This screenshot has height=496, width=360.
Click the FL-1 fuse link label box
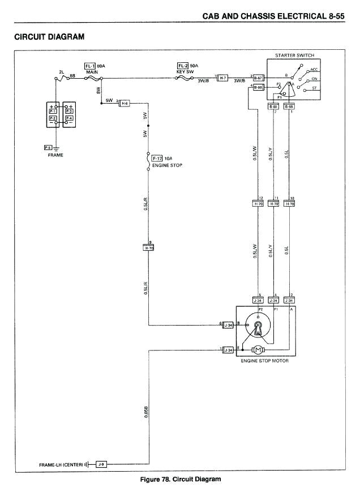(x=90, y=66)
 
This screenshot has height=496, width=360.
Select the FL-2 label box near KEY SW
(x=183, y=66)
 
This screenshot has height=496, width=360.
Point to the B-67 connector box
(x=258, y=78)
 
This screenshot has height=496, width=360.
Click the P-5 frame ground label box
(x=49, y=147)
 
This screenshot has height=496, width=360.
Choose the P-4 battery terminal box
(x=69, y=118)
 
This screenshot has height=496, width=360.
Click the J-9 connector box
(x=101, y=465)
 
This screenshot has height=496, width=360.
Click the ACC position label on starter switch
(x=314, y=69)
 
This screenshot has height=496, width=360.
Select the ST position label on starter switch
(x=314, y=88)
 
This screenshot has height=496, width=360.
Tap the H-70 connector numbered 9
(x=149, y=247)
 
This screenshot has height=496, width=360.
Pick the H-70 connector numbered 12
(x=258, y=203)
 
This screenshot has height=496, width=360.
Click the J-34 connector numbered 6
(x=228, y=324)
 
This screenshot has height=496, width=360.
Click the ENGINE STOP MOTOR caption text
(x=265, y=361)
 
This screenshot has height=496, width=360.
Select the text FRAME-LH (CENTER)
(x=61, y=465)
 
